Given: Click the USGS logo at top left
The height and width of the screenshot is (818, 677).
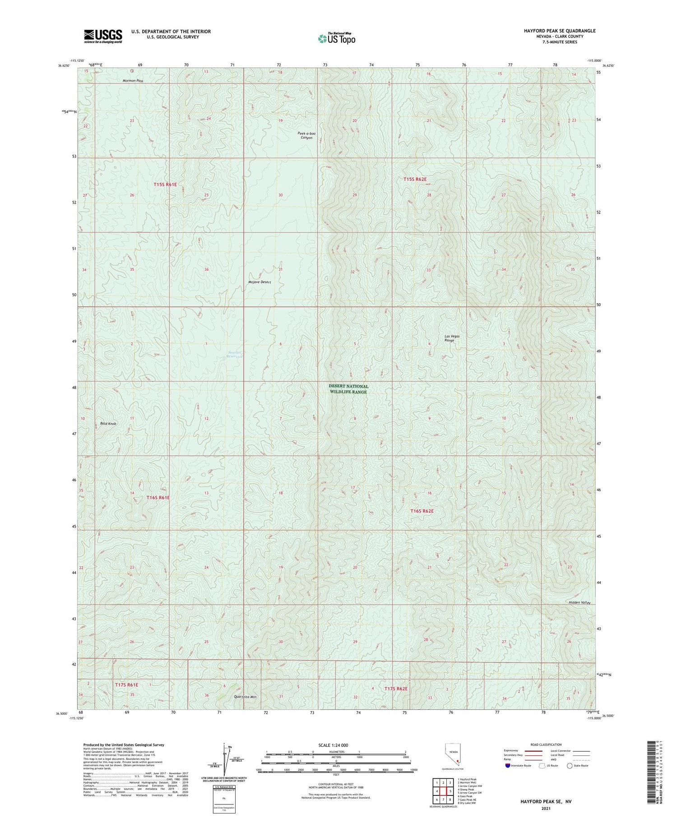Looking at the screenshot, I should (x=103, y=36).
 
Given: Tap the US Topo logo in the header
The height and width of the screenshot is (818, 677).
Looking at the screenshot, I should (x=336, y=38).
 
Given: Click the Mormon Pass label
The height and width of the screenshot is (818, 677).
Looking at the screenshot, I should (x=133, y=81).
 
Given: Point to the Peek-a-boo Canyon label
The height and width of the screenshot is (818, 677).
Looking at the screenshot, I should (x=306, y=135).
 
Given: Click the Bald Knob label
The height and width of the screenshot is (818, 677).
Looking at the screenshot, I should (x=108, y=424).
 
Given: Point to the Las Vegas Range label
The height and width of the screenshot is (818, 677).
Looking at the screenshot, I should (x=452, y=338).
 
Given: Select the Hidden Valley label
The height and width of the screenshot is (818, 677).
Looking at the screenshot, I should (x=580, y=603).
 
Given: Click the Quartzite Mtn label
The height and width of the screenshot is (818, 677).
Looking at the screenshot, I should (x=245, y=697).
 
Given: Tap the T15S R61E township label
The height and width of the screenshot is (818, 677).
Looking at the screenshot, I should (x=165, y=185).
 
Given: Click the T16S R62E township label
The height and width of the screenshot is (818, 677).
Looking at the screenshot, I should (x=422, y=511).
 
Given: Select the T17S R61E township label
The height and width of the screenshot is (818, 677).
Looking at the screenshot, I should (x=126, y=685).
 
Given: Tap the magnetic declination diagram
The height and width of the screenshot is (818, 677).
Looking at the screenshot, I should (x=225, y=763).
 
